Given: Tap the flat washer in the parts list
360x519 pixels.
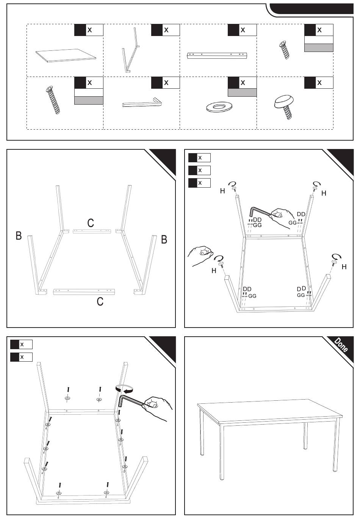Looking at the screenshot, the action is click(x=218, y=107).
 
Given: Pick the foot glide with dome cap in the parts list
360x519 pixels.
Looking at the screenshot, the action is click(x=285, y=104).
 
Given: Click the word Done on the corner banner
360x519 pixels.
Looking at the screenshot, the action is click(x=341, y=345).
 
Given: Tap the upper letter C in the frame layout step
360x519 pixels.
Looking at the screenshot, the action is click(x=91, y=223).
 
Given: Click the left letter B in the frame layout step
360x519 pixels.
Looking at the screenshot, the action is click(x=19, y=235).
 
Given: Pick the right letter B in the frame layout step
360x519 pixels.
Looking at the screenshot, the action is click(x=164, y=239).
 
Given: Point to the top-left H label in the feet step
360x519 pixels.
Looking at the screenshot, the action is click(x=222, y=191).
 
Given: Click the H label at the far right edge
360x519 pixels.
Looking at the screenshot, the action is click(x=344, y=267).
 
